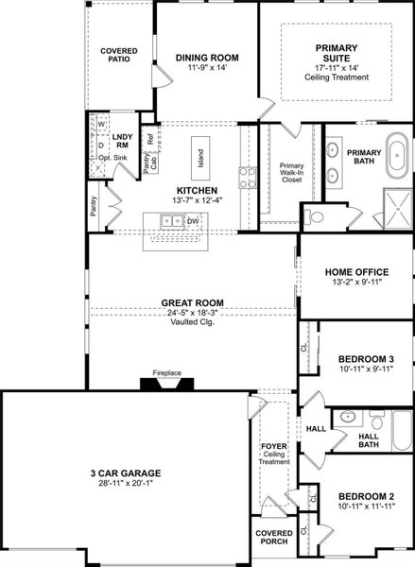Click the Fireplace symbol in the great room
(167, 384)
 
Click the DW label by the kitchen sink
(192, 221)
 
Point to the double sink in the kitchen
(171, 221)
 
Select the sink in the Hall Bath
(347, 416)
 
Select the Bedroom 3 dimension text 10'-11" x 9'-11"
(365, 369)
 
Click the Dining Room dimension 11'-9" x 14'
(207, 69)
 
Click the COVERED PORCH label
(273, 539)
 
